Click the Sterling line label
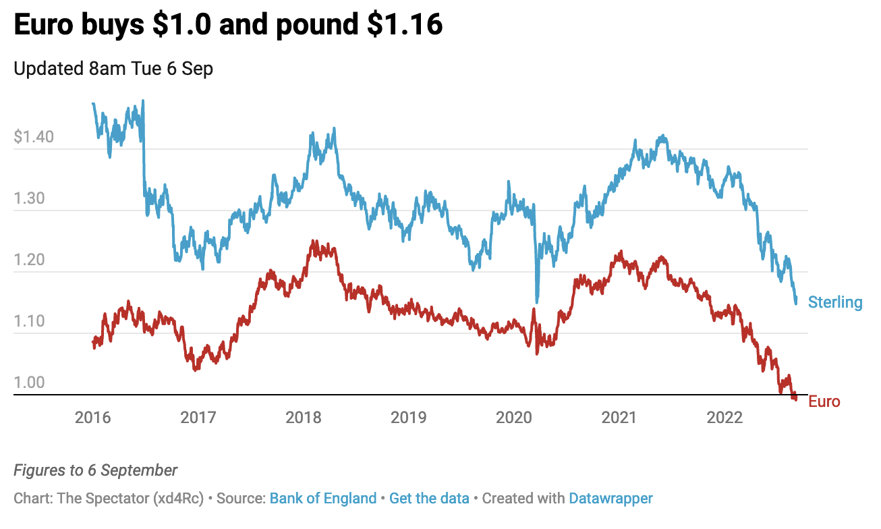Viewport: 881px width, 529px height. (x=835, y=302)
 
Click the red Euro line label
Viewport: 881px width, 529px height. (x=824, y=402)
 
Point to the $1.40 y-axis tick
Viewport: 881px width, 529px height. (x=34, y=138)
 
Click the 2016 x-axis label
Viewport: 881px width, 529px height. (x=93, y=418)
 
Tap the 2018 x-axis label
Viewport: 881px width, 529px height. (x=304, y=418)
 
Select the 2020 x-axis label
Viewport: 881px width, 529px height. (x=514, y=418)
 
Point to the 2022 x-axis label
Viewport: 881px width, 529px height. (x=724, y=418)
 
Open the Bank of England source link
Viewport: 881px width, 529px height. (x=323, y=499)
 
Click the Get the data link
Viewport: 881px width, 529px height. (x=429, y=499)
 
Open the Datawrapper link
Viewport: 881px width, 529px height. (x=610, y=499)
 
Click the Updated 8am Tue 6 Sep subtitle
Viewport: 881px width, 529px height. (x=113, y=69)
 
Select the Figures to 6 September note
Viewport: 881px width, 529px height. (x=96, y=470)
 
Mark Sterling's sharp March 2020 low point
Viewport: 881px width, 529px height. (x=537, y=301)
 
